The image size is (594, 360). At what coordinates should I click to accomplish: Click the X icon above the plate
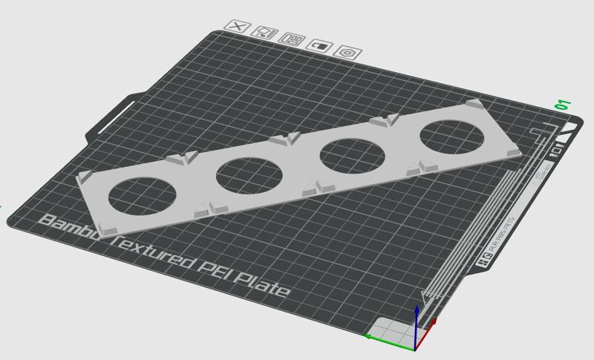point(238,27)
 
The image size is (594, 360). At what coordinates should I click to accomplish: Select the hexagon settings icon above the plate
point(347,52)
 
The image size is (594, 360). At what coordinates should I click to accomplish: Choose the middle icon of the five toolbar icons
point(294,40)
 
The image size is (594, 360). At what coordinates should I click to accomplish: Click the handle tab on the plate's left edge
point(111,118)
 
